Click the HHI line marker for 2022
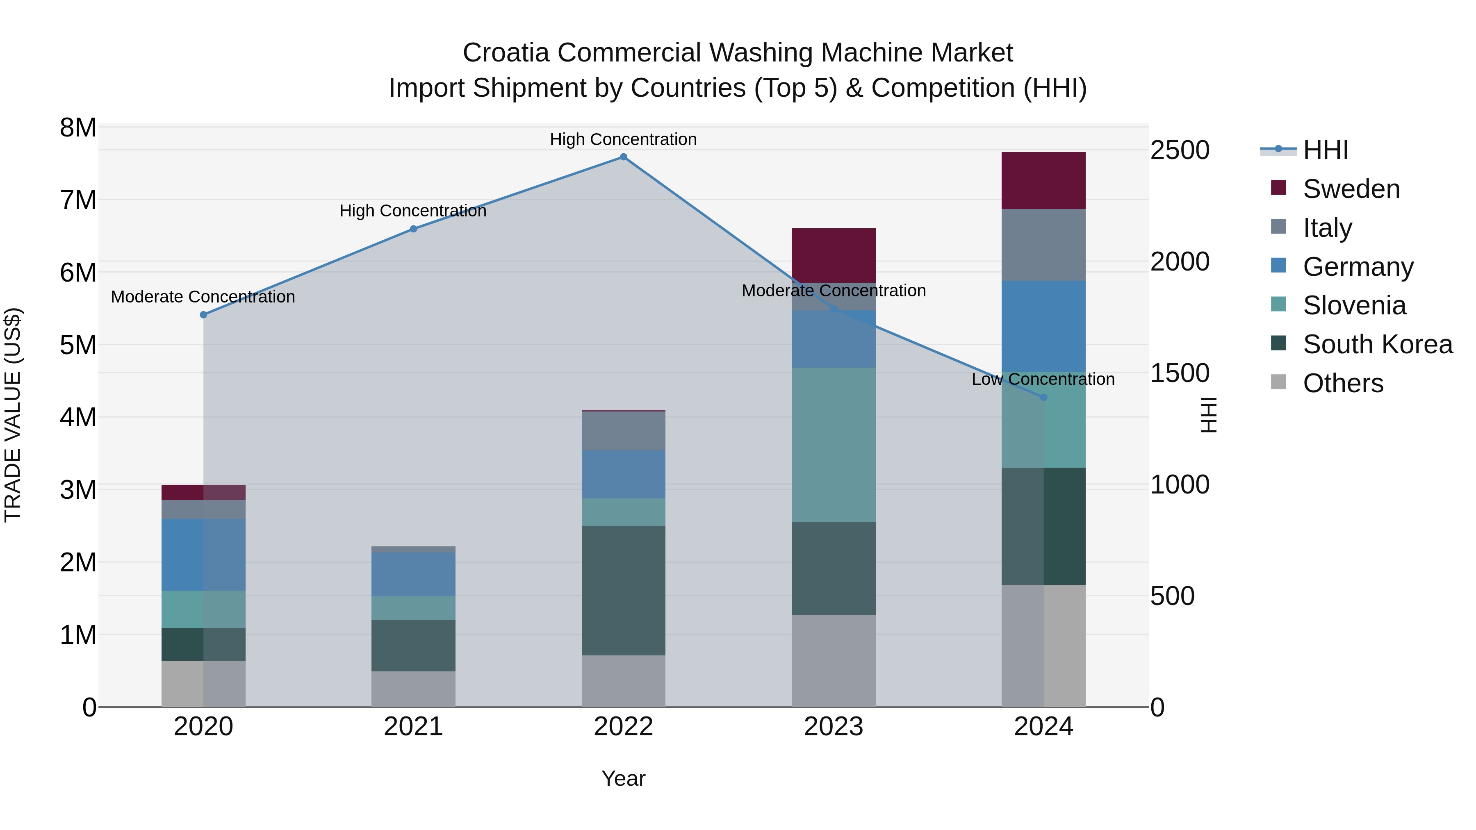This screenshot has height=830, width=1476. click(623, 157)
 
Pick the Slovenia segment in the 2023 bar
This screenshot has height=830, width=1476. click(834, 445)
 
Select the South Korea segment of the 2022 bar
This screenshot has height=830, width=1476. click(623, 591)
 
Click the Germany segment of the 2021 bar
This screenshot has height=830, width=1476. click(413, 575)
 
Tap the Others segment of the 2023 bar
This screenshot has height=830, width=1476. click(834, 661)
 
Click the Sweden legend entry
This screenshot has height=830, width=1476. click(1351, 189)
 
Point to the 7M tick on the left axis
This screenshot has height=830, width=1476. click(78, 200)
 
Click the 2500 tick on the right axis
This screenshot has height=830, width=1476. click(1180, 151)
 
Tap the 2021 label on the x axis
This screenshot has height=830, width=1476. click(413, 727)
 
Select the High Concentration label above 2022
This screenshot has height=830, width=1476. click(623, 139)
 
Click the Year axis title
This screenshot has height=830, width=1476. click(623, 778)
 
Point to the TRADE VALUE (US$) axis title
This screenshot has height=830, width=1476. click(13, 415)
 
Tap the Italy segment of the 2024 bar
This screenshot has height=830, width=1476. click(1043, 245)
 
